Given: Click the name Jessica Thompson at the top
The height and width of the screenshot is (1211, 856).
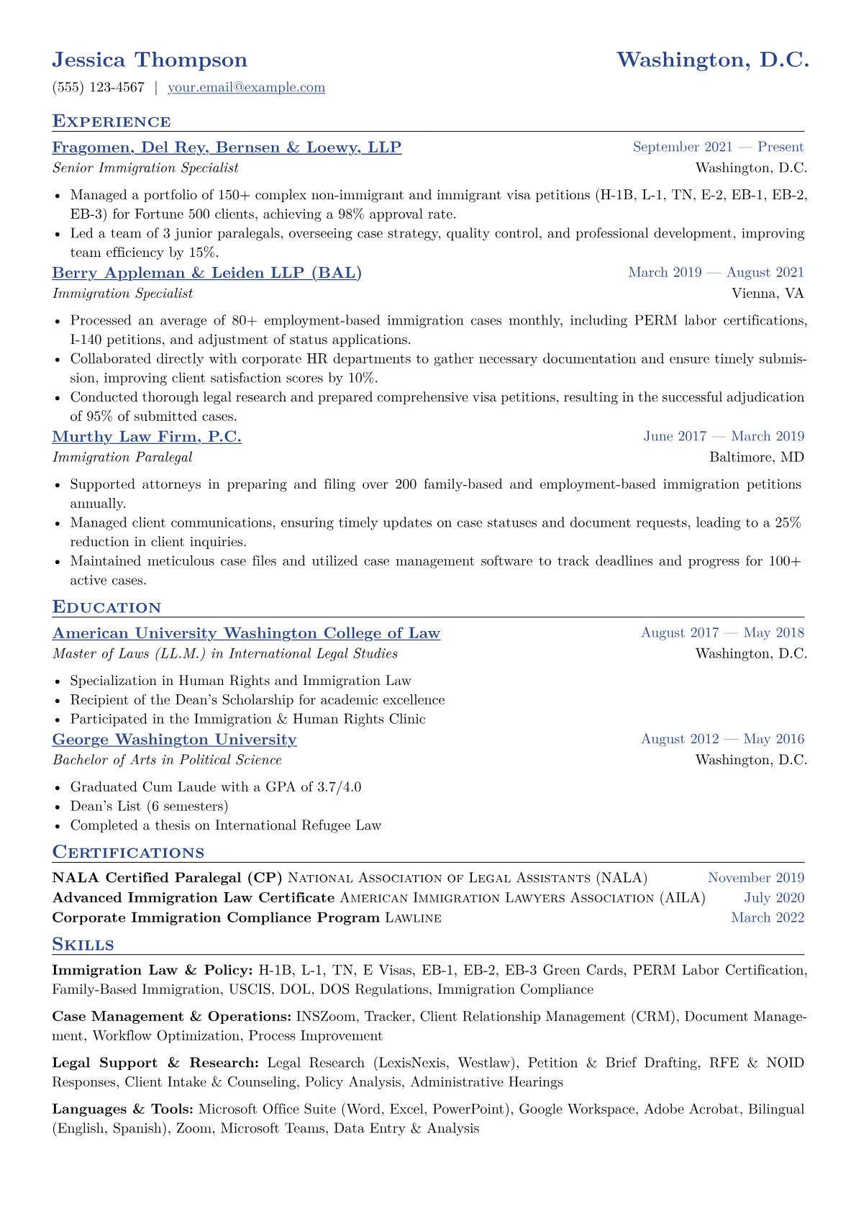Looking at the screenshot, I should coord(150,60).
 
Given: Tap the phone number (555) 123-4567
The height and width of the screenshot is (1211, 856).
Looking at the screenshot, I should coord(99,88).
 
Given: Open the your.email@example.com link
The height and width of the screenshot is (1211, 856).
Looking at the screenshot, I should coord(246,88).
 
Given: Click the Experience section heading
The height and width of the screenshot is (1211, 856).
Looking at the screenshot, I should coord(111,121).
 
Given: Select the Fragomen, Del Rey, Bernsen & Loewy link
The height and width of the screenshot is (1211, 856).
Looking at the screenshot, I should coord(227,148).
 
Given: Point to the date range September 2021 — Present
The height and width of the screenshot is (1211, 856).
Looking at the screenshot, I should coord(718,148).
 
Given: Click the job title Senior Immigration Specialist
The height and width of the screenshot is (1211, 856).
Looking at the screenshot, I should coord(145,168).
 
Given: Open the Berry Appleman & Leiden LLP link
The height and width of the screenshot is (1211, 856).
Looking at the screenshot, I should coord(206,273).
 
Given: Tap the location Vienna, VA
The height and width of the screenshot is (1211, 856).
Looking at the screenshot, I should coord(768,294).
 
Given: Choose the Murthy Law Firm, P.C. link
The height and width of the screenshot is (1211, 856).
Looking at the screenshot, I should coord(147,436).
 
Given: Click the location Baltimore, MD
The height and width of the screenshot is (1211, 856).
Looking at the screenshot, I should coord(757,457).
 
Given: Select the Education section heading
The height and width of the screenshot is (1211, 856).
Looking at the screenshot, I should coord(106,607).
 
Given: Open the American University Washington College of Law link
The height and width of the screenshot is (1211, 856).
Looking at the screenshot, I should coord(246,633).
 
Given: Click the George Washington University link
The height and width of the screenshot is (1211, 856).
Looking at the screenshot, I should coord(174,740).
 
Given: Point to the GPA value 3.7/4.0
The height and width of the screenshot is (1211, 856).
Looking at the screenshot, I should coord(339,787).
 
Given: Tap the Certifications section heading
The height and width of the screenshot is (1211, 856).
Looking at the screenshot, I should coord(128,853).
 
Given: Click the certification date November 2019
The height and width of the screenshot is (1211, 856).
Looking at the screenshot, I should coord(756,878).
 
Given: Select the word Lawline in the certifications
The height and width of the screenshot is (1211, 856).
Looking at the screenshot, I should coord(413,917).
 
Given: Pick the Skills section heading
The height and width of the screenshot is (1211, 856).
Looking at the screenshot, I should coord(83,945).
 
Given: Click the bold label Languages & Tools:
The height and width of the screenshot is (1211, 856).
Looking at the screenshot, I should coord(123,1110).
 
